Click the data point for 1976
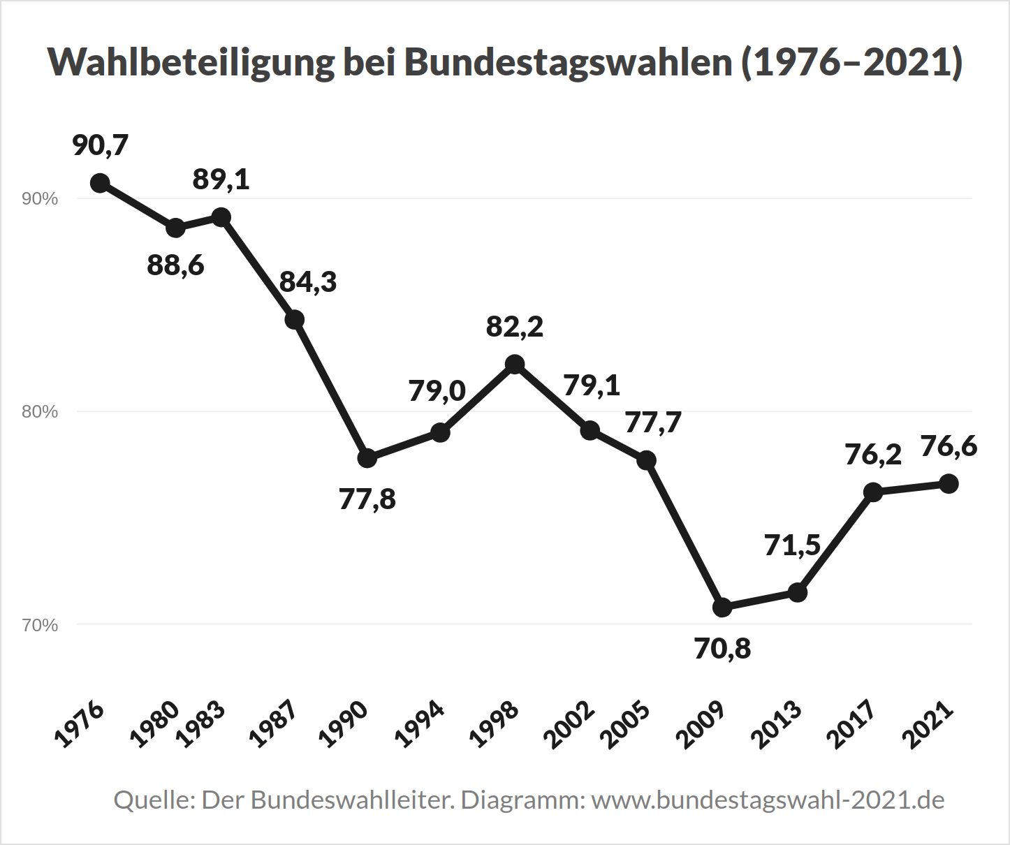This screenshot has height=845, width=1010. pos(100,183)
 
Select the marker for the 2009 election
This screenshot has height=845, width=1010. pos(722,608)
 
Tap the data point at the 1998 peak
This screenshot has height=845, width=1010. pos(515,364)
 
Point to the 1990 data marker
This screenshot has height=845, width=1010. pos(367,458)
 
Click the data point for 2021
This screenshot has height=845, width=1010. pos(948,483)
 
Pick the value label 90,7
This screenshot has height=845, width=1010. pos(101,145)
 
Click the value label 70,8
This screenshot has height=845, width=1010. pos(722,649)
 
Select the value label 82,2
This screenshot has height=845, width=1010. pos(515,326)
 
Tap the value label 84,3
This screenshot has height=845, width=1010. pos(308,281)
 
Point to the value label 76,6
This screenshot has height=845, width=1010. pos(949,446)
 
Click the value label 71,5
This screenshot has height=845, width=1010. pos(792,545)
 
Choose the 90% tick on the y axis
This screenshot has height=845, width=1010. pos(40,199)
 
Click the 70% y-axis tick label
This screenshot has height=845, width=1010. pos(40,625)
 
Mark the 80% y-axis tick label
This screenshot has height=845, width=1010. pos(40,412)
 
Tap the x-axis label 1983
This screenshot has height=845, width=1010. pos(201,723)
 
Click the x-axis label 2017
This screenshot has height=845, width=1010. pos(850,723)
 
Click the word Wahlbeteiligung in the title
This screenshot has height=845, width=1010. pos(191,62)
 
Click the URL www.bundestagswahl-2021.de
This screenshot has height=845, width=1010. pos(768,800)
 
